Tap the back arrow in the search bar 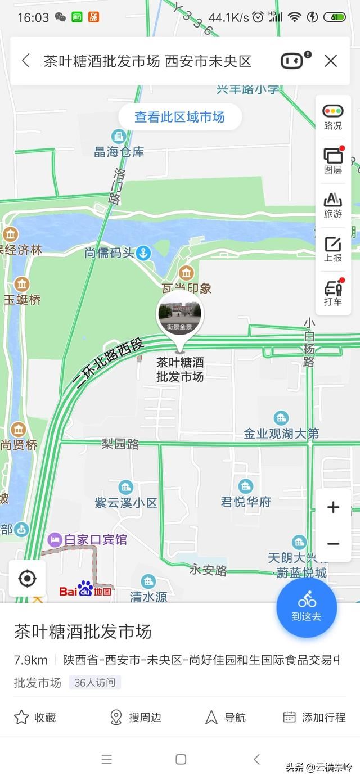coord(26,61)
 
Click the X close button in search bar coord(331,61)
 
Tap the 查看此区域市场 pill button coord(179,117)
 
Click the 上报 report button coord(332,249)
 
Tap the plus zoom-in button coord(333,507)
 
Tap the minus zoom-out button coord(333,543)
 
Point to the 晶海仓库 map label coord(119,151)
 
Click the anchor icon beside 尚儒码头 coord(144,253)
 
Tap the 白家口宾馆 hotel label coord(95,540)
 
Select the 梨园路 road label coord(120,444)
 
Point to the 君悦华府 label coord(246,501)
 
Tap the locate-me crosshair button coord(27,578)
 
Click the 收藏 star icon coord(21,717)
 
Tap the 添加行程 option coord(314,717)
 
